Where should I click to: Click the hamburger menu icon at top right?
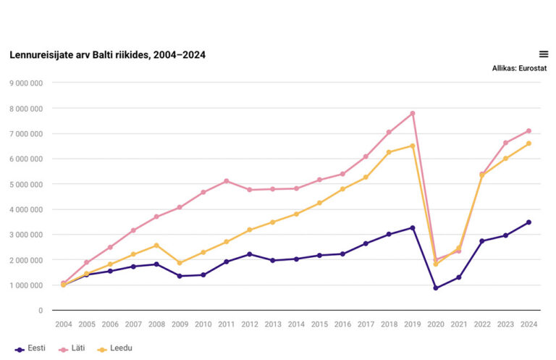click(x=544, y=54)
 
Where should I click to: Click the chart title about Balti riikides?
click(x=107, y=55)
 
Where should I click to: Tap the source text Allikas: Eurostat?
click(x=518, y=68)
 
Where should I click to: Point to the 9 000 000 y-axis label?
click(x=25, y=83)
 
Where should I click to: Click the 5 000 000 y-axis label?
click(x=25, y=184)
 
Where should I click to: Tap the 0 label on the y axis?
click(x=41, y=310)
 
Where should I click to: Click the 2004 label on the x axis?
click(x=64, y=325)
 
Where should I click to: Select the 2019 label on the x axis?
click(x=412, y=325)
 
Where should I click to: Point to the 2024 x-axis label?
click(x=528, y=325)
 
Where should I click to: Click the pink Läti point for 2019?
click(x=413, y=114)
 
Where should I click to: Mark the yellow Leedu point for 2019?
click(x=413, y=146)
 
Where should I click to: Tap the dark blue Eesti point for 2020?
click(x=436, y=288)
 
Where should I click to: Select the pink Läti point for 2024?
click(x=528, y=131)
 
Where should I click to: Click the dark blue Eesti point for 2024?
click(x=528, y=222)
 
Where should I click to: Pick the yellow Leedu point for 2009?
click(x=180, y=263)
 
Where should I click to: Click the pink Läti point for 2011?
click(x=226, y=181)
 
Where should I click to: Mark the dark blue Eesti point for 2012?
click(x=249, y=254)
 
